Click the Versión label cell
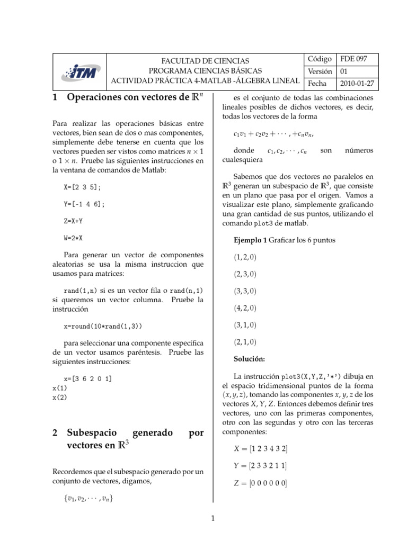click(x=320, y=71)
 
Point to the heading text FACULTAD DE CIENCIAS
click(x=205, y=61)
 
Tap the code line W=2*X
click(x=73, y=238)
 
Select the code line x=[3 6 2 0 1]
click(x=87, y=378)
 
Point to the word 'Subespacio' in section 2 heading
click(x=94, y=432)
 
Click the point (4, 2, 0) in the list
click(x=245, y=308)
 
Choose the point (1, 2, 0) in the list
click(x=245, y=257)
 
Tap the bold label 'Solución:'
click(x=249, y=359)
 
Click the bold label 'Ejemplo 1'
click(x=250, y=240)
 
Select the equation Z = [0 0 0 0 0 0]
click(x=260, y=483)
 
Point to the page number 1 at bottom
click(x=213, y=519)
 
